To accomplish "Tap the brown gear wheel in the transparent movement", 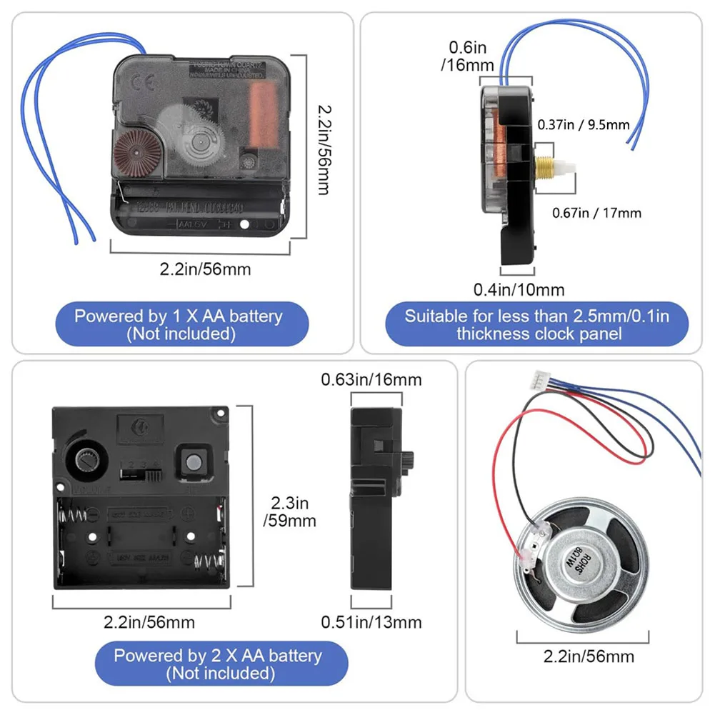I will click(136, 149).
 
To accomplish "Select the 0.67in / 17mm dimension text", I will click(597, 212).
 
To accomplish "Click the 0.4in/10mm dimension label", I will click(519, 289).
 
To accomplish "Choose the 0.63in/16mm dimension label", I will click(371, 379).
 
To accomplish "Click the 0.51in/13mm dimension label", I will click(371, 622).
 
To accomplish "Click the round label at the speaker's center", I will click(577, 556).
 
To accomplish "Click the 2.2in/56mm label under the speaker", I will click(589, 656).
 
